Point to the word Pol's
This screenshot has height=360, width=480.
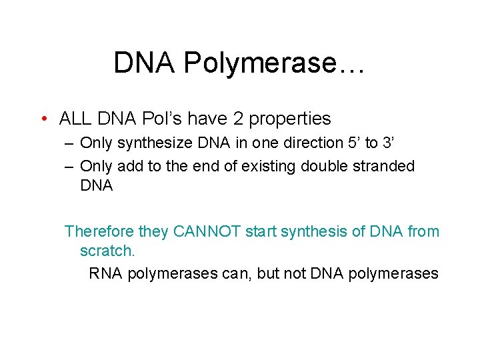tap(163, 119)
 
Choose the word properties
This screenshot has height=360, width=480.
tap(290, 119)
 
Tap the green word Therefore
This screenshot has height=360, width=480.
tap(99, 231)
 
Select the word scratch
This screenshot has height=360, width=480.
tap(107, 251)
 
